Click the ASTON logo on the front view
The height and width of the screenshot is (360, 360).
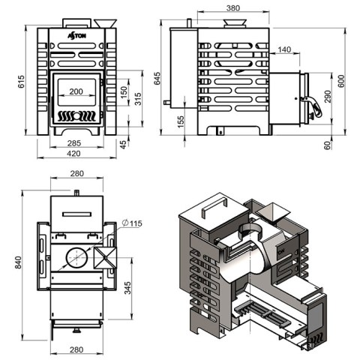pos(77,36)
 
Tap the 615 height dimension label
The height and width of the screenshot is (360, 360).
pos(22,82)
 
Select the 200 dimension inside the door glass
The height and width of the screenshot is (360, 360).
pos(76,91)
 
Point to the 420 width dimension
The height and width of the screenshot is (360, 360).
pos(73,154)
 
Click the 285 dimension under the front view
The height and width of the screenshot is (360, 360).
pos(74,143)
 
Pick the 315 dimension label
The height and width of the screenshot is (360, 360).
pos(138,99)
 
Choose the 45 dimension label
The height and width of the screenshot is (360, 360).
pos(123,145)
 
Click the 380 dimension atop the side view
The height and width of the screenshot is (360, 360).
pos(233,8)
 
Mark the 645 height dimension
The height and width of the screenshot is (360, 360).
pos(157,79)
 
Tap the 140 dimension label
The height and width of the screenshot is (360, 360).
pos(284,49)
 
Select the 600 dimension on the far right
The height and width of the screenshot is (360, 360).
pos(341,81)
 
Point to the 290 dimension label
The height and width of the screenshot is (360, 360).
pos(327,97)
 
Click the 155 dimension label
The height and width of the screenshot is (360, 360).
pos(181,121)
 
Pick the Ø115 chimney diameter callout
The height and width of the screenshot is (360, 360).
pos(132,223)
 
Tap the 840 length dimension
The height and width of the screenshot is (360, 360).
pos(18,262)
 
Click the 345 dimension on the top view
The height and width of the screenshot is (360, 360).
pos(127,288)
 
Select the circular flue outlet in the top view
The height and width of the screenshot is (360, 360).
pos(77,258)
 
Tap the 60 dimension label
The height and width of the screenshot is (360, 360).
pos(328,145)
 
